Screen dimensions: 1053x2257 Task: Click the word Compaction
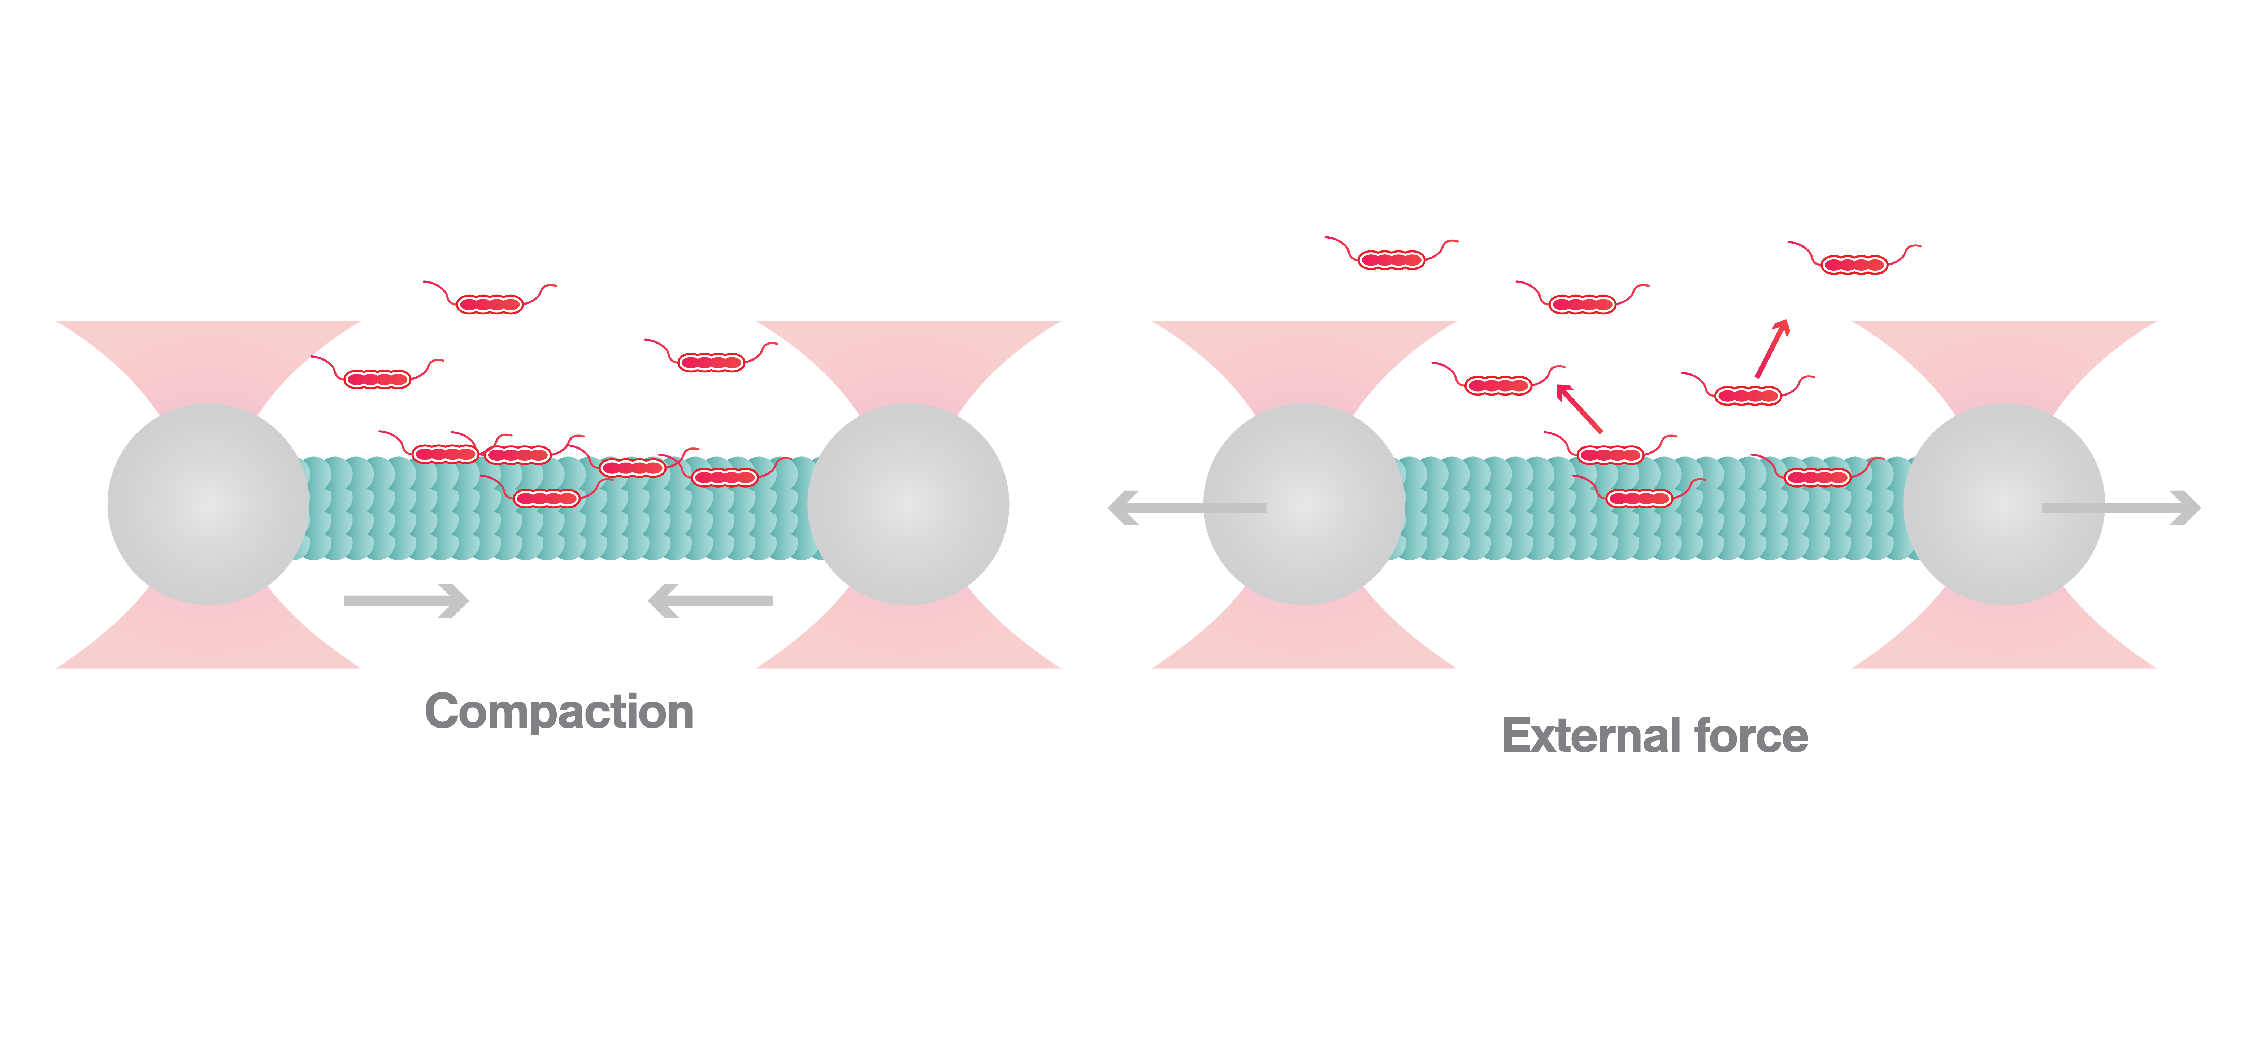[x=559, y=711]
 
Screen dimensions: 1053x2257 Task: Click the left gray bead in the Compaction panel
[x=209, y=504]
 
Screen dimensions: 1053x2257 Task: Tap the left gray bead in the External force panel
[x=1304, y=504]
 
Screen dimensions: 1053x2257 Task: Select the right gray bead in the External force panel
[x=2004, y=504]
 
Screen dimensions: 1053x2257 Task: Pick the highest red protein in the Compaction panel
[x=490, y=304]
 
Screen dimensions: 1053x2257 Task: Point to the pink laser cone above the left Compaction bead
[x=209, y=359]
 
